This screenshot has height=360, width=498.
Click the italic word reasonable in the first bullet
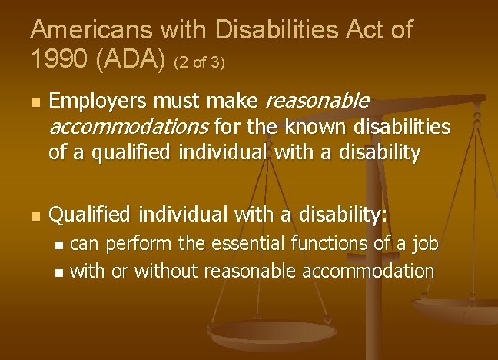(317, 102)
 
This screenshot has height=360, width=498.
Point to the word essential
(247, 245)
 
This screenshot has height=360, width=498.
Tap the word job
(423, 245)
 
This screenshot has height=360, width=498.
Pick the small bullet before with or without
(61, 272)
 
